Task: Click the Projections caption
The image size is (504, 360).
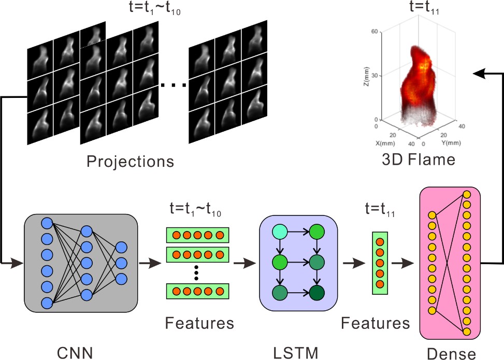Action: click(x=130, y=162)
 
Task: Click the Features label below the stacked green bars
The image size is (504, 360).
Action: click(x=199, y=324)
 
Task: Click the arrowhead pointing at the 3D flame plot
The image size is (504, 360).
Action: click(x=478, y=75)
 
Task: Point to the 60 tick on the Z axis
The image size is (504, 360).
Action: click(x=373, y=32)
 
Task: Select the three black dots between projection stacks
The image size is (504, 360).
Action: click(x=172, y=83)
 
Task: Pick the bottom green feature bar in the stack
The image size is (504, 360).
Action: click(x=197, y=291)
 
